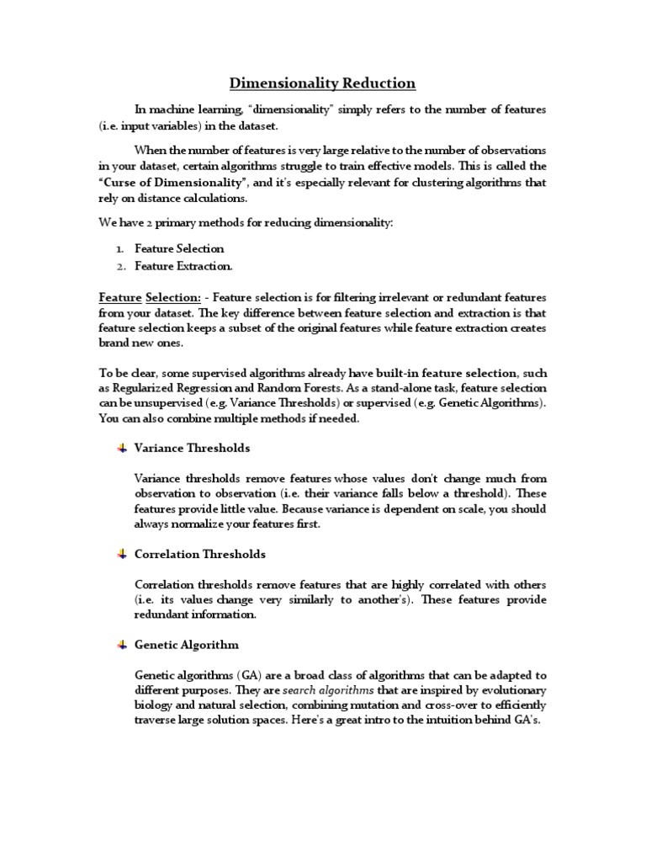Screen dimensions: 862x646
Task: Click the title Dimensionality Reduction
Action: tap(323, 82)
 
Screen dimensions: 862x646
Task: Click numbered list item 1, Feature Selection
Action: tap(179, 248)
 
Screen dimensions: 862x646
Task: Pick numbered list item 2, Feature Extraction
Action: tap(183, 266)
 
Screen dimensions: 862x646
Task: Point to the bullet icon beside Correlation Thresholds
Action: tap(121, 554)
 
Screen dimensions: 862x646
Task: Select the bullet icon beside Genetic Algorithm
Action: tap(121, 644)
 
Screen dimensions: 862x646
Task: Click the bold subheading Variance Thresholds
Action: tap(192, 448)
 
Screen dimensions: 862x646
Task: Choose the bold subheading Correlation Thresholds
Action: tap(199, 554)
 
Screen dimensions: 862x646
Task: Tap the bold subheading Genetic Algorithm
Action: tap(186, 645)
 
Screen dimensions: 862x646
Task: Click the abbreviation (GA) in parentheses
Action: tap(230, 675)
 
